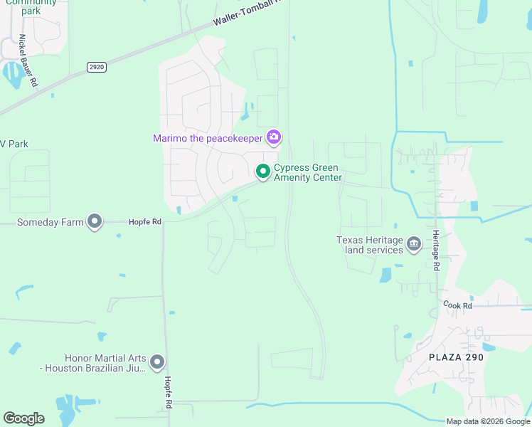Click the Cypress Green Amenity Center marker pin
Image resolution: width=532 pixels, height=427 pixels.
point(262,172)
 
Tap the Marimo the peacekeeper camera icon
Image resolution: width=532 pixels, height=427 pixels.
point(274,137)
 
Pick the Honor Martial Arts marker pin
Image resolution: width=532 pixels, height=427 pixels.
point(157,363)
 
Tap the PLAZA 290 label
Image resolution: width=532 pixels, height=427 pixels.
point(456,357)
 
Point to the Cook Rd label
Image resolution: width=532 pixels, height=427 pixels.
point(457,305)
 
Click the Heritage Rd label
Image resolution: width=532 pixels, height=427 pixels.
point(436,250)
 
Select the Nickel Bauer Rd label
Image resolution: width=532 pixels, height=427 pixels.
point(28,60)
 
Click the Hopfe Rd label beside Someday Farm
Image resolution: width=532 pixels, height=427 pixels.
point(145,222)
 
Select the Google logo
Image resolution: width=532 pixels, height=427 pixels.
point(23,418)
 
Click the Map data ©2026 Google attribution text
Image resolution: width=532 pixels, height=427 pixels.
point(488,421)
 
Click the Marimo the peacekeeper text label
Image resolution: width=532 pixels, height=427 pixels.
point(208,138)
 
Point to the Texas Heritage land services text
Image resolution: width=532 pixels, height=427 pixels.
point(370,245)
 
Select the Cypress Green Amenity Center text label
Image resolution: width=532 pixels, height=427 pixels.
point(308,173)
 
